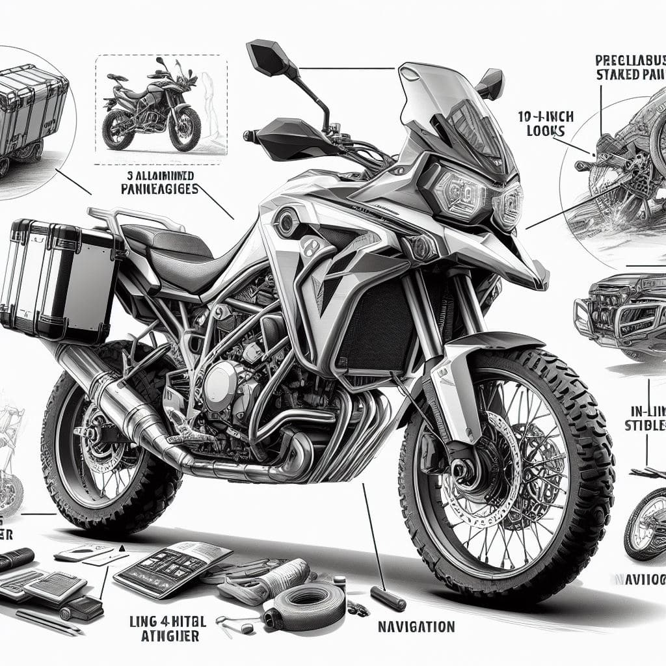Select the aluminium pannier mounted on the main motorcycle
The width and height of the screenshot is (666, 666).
coord(62,273)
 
